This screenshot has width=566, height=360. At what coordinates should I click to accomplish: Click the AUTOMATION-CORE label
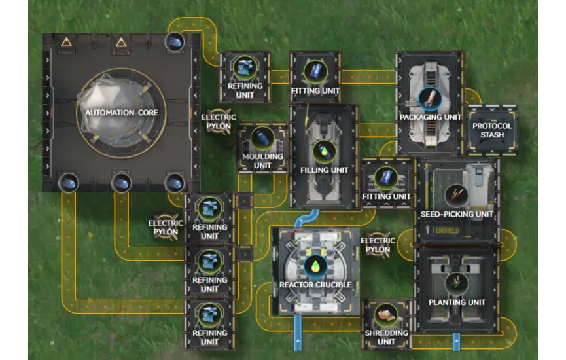tap(121, 113)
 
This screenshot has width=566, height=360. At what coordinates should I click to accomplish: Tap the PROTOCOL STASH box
tap(488, 130)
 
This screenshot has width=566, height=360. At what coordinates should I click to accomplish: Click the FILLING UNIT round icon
tap(323, 151)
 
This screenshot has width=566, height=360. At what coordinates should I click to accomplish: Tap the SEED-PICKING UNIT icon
tap(455, 194)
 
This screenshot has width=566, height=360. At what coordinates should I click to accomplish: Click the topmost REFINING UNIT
tap(244, 77)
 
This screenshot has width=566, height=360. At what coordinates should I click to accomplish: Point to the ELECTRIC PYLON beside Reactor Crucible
tap(378, 245)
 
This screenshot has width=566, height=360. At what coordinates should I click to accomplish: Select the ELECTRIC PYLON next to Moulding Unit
tap(218, 120)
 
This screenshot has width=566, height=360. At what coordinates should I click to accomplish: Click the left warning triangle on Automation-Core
tap(66, 43)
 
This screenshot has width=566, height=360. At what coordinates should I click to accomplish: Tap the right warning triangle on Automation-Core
tap(120, 43)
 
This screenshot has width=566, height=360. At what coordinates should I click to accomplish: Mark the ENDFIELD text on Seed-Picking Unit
tap(448, 230)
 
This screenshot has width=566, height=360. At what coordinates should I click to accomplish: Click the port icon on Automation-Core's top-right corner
tap(174, 41)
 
